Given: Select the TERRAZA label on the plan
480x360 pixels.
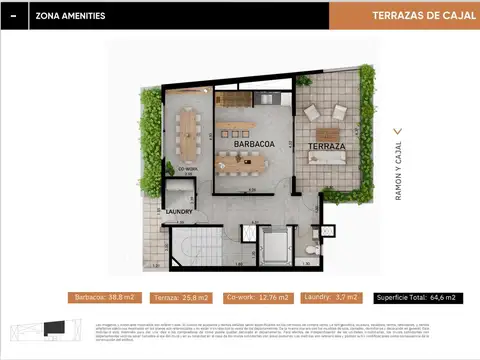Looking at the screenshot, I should click(x=327, y=146).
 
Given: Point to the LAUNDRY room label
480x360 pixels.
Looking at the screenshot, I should click(x=181, y=211).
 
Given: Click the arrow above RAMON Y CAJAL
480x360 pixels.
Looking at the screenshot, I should click(x=398, y=131).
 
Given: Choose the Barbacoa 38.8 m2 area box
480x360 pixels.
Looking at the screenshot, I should click(x=107, y=297).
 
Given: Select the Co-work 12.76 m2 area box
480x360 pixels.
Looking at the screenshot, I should click(x=257, y=297).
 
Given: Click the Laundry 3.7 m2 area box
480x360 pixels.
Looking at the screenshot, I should click(x=330, y=297).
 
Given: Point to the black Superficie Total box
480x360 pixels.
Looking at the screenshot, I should click(x=418, y=297).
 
